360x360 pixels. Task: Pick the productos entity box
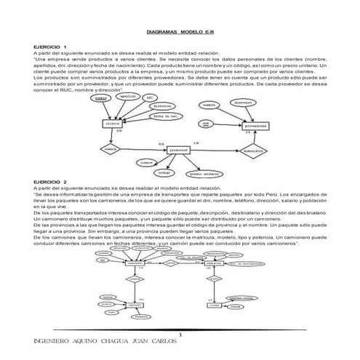click(x=183, y=150)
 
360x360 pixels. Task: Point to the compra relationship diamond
click(x=111, y=150)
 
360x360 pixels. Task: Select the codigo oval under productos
click(x=167, y=172)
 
